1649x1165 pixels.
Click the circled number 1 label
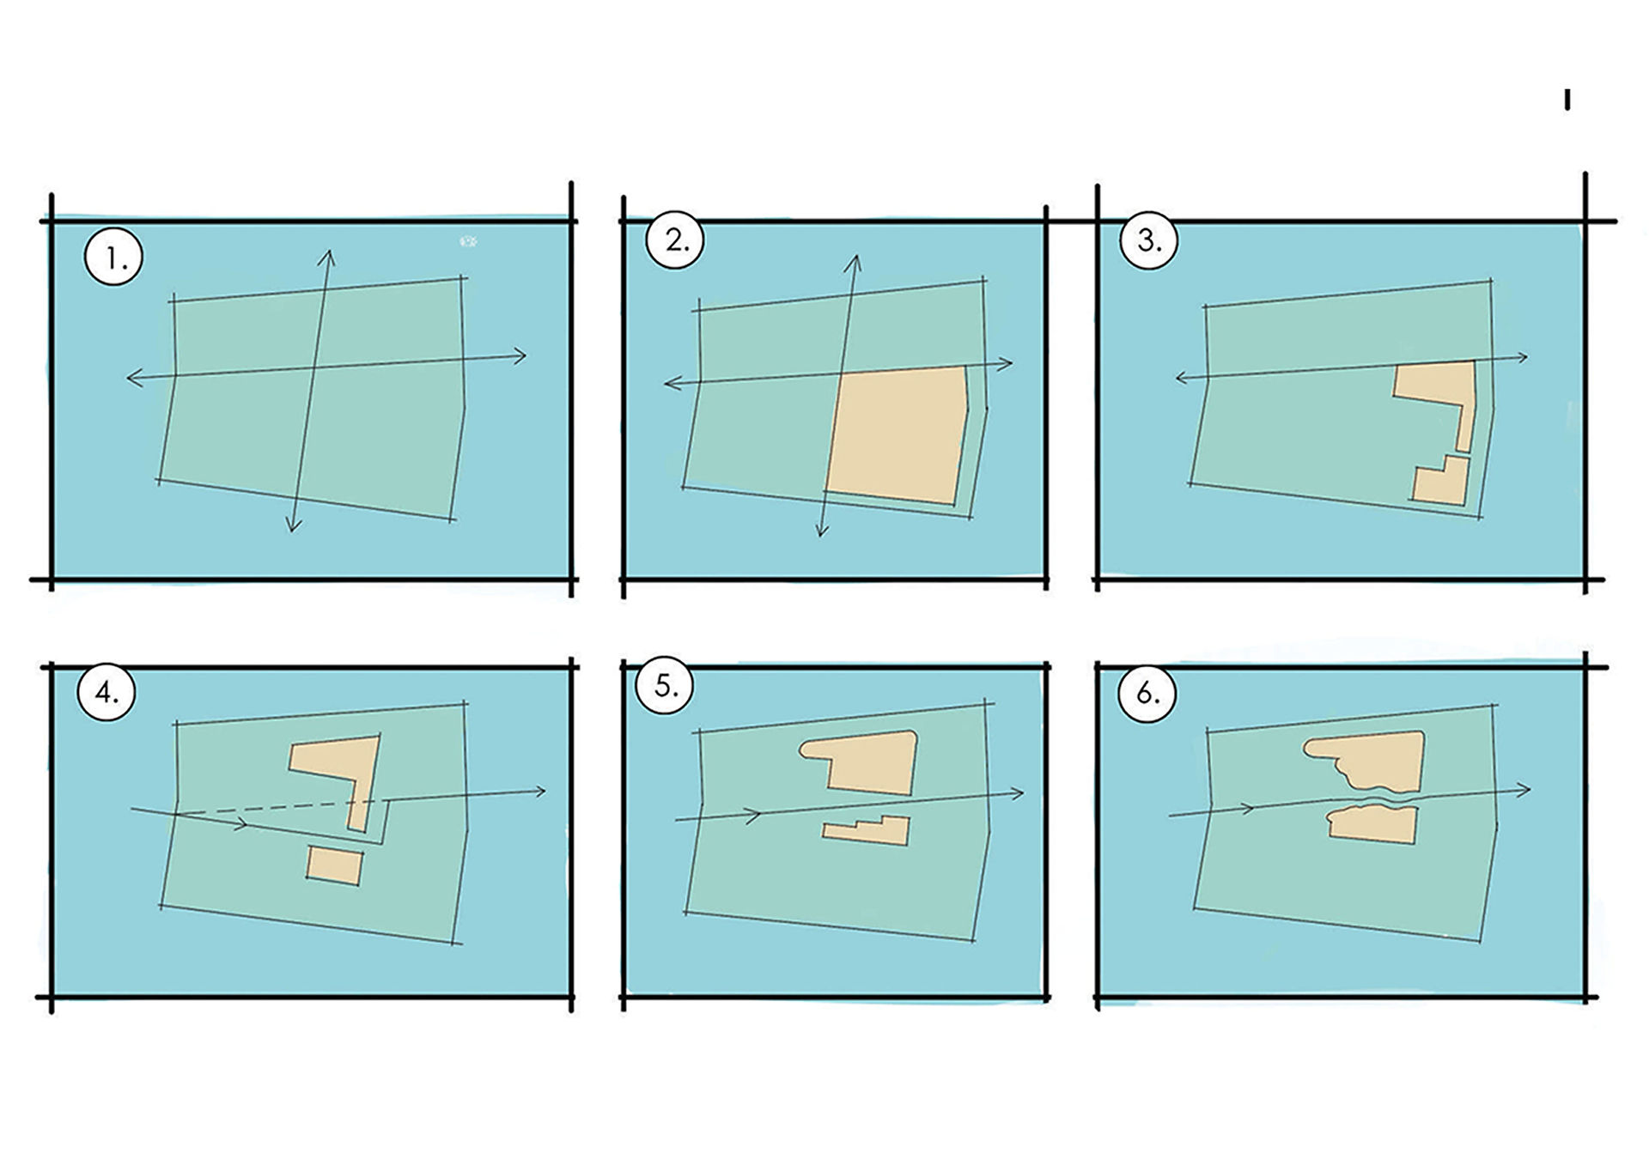(113, 257)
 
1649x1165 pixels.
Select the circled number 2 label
(675, 240)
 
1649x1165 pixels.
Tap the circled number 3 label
(1148, 240)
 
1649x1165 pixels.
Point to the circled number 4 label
(106, 692)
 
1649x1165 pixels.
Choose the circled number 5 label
(666, 686)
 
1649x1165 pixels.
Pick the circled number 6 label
(1147, 693)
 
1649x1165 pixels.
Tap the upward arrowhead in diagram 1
(327, 258)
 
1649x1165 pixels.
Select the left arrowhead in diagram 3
(1182, 377)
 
